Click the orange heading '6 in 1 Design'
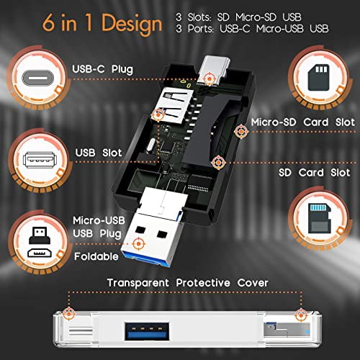coord(102,24)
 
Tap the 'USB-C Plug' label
coord(102,69)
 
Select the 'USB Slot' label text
coord(99,153)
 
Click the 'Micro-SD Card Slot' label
coord(303,122)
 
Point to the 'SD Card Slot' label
coord(314,172)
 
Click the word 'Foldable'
coord(96,256)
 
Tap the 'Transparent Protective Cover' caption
coord(187,283)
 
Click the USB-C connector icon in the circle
coord(37,78)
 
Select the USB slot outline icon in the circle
coord(40,160)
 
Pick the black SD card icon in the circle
coord(318,78)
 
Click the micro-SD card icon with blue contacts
coord(320,218)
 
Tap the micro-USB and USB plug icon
coord(40,242)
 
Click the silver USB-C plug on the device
coord(214,70)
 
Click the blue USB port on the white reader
coord(147,331)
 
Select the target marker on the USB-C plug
coord(209,78)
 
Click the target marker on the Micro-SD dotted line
coord(241,131)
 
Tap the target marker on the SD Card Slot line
coord(218,163)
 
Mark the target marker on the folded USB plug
coord(138,244)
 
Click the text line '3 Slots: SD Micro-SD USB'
coord(238,17)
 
